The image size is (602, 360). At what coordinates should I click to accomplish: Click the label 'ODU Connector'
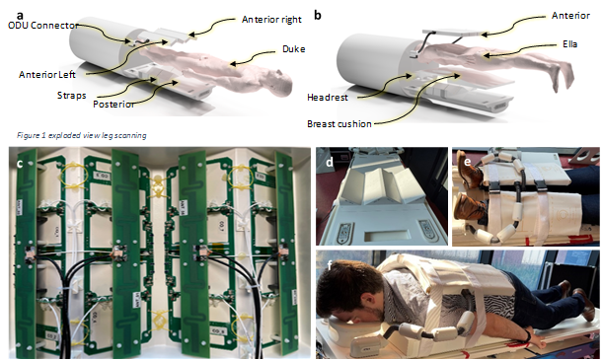point(43,26)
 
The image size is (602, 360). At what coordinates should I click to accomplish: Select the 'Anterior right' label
point(271,20)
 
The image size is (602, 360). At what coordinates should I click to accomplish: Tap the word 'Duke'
point(294,49)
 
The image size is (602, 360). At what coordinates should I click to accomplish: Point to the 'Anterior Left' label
point(47,74)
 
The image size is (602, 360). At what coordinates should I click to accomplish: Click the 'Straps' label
point(71,96)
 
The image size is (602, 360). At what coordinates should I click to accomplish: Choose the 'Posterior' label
point(113,104)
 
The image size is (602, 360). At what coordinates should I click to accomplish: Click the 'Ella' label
point(570,44)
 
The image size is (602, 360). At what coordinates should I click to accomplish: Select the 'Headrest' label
point(328,98)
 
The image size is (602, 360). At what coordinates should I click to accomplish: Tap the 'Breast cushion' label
point(339,124)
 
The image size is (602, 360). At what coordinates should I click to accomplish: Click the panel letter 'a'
point(20,15)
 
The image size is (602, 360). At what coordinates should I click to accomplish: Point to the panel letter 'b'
point(318,15)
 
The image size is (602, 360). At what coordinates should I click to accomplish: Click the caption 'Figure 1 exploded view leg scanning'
point(81,135)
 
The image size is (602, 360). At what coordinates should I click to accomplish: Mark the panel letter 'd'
point(330,162)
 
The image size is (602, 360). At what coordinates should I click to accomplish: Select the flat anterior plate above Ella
point(452,33)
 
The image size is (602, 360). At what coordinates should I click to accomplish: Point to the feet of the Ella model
point(564,79)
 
